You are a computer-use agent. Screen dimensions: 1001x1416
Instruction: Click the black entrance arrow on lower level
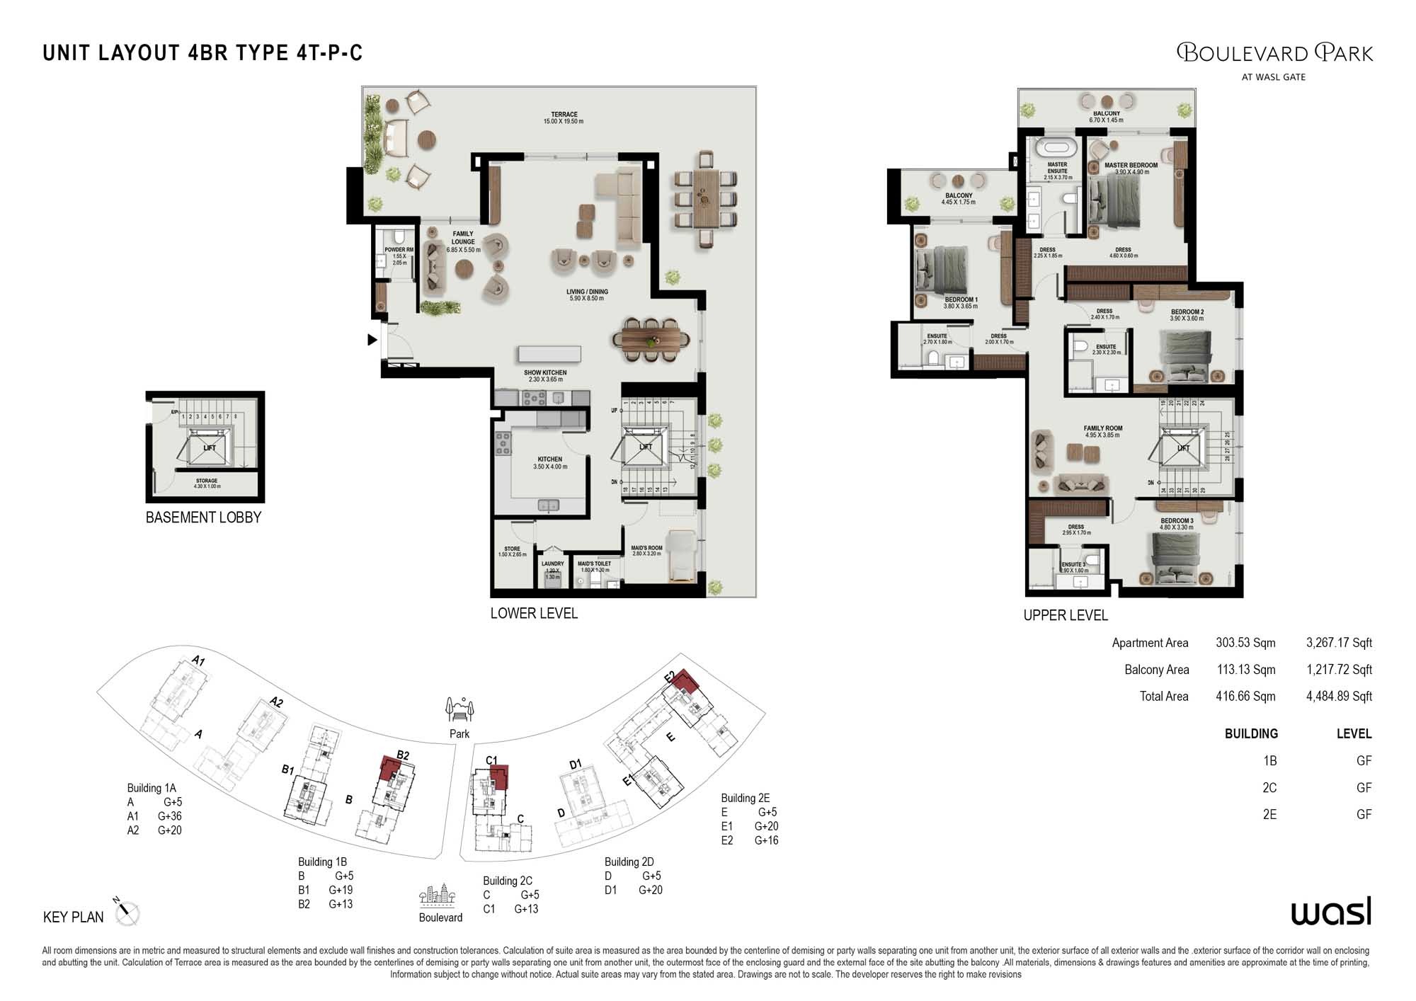click(372, 340)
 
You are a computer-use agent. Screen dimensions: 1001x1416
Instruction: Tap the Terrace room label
click(564, 118)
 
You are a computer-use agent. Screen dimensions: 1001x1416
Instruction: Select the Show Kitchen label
click(544, 376)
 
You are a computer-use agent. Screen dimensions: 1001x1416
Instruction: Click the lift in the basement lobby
click(209, 448)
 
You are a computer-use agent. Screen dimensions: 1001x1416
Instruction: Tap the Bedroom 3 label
click(1176, 524)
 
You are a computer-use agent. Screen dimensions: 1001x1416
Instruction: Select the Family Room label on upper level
click(1102, 431)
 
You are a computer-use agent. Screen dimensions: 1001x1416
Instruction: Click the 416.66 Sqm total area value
click(1245, 697)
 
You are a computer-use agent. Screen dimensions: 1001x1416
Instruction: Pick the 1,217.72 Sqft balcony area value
click(1338, 670)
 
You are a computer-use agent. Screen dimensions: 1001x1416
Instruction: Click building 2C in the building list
click(1269, 788)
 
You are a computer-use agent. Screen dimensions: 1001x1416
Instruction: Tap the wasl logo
click(1331, 913)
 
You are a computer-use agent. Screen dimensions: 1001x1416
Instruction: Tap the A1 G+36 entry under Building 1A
click(154, 816)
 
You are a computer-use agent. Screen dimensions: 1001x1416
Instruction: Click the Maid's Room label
click(646, 551)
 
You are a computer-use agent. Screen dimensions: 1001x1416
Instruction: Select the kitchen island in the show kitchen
click(549, 353)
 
